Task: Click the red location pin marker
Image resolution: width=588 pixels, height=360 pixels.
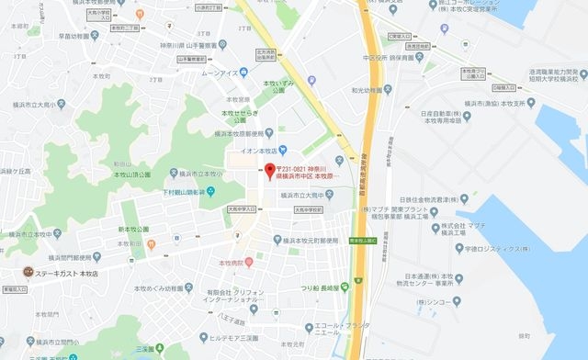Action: (270, 170)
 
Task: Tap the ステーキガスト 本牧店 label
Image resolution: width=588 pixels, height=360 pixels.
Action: (67, 272)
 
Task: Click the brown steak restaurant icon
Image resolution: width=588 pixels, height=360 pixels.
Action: (28, 272)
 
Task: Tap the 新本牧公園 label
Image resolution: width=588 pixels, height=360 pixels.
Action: (134, 228)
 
